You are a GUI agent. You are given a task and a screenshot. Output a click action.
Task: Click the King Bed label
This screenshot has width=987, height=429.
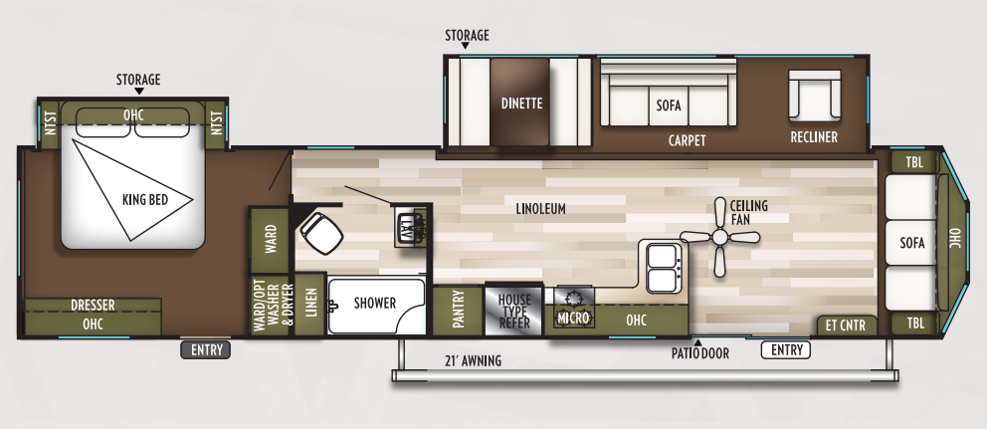pos(145,200)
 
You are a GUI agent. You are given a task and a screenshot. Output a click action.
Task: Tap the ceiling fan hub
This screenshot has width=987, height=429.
pos(720,238)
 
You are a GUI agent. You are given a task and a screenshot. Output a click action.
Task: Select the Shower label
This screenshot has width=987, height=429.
pos(374,303)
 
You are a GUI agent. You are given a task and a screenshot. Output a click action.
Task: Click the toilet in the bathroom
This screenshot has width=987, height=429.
pos(320,232)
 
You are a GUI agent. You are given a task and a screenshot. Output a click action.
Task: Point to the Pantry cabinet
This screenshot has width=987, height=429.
pos(458,311)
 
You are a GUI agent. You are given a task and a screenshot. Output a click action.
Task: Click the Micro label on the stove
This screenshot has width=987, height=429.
pos(573,319)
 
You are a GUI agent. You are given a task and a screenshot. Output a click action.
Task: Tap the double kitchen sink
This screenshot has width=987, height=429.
pos(664,267)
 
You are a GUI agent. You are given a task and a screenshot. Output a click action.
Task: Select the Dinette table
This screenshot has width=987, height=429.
pos(520,103)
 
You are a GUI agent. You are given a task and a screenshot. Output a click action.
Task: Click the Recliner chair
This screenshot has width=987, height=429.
pos(815,96)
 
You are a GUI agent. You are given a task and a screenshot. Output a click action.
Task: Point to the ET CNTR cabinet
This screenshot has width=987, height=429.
pos(847,325)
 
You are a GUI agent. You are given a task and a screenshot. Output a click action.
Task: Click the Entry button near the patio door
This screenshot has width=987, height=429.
pos(786,350)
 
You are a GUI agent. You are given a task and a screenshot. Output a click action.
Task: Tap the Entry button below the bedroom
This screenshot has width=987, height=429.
pos(206,350)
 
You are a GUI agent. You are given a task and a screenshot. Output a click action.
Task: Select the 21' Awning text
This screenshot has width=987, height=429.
pos(474,361)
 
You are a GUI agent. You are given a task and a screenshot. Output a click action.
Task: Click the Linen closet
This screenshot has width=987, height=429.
pos(309,305)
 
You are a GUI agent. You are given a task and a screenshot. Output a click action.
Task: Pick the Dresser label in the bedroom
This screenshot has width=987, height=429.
pos(93,306)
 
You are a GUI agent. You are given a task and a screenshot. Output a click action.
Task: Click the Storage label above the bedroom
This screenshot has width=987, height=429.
pos(138,80)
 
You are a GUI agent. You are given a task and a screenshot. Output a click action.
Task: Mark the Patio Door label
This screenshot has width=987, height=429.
pos(700,354)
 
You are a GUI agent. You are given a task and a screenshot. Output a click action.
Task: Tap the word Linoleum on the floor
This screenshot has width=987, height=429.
pos(540,208)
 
